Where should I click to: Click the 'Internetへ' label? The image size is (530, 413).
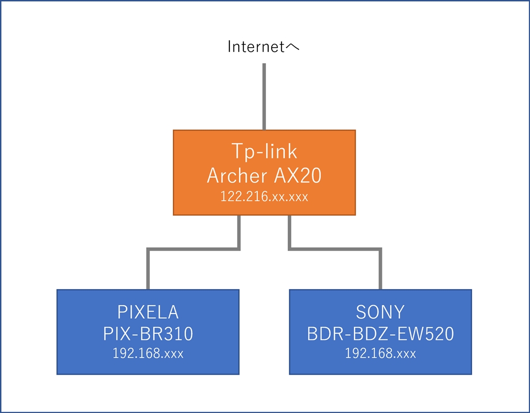point(264,47)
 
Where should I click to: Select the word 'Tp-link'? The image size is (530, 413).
point(264,151)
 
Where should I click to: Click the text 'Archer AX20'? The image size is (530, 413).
point(264,176)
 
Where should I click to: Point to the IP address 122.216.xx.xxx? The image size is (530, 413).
point(264,197)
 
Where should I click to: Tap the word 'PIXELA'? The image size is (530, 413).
point(148,312)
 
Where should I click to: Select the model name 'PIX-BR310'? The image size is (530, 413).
point(148,334)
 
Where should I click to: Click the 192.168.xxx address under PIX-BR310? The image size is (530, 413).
point(148,354)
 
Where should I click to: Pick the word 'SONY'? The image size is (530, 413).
point(380,312)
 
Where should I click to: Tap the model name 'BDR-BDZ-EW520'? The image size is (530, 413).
point(380,334)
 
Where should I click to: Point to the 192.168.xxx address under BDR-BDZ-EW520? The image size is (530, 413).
point(380,354)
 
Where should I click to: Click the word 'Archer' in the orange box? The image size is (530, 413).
point(237,176)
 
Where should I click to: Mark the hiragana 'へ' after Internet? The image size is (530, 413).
point(293,48)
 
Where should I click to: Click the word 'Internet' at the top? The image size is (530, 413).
point(256,47)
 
